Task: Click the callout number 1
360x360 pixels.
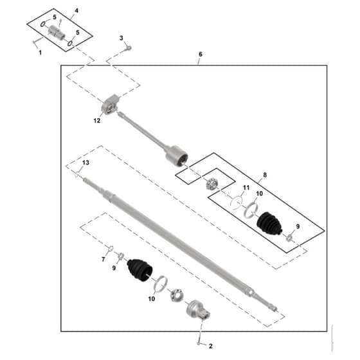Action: pos(40,53)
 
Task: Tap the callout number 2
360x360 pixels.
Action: pos(211,346)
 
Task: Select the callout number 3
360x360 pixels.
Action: pos(122,38)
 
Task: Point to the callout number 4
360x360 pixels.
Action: pos(76,11)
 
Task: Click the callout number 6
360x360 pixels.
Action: pos(201,54)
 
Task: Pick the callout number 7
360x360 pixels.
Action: pos(104,259)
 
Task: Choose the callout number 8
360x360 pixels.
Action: pos(265,175)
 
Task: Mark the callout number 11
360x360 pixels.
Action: pos(246,188)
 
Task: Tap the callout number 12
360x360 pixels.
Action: pos(97,121)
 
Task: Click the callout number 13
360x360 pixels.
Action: pos(85,163)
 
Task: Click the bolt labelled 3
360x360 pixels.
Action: pos(129,48)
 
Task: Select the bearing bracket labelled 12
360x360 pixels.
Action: pos(111,105)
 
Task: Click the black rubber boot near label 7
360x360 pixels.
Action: pos(140,270)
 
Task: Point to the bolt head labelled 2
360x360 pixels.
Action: pos(199,343)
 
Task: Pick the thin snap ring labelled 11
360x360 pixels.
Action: pos(237,202)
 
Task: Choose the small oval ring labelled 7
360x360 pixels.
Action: pos(111,248)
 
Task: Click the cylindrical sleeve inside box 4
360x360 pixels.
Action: pos(57,33)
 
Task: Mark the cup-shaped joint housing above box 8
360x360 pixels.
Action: pos(177,156)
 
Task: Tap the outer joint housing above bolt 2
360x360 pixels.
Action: pos(197,309)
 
